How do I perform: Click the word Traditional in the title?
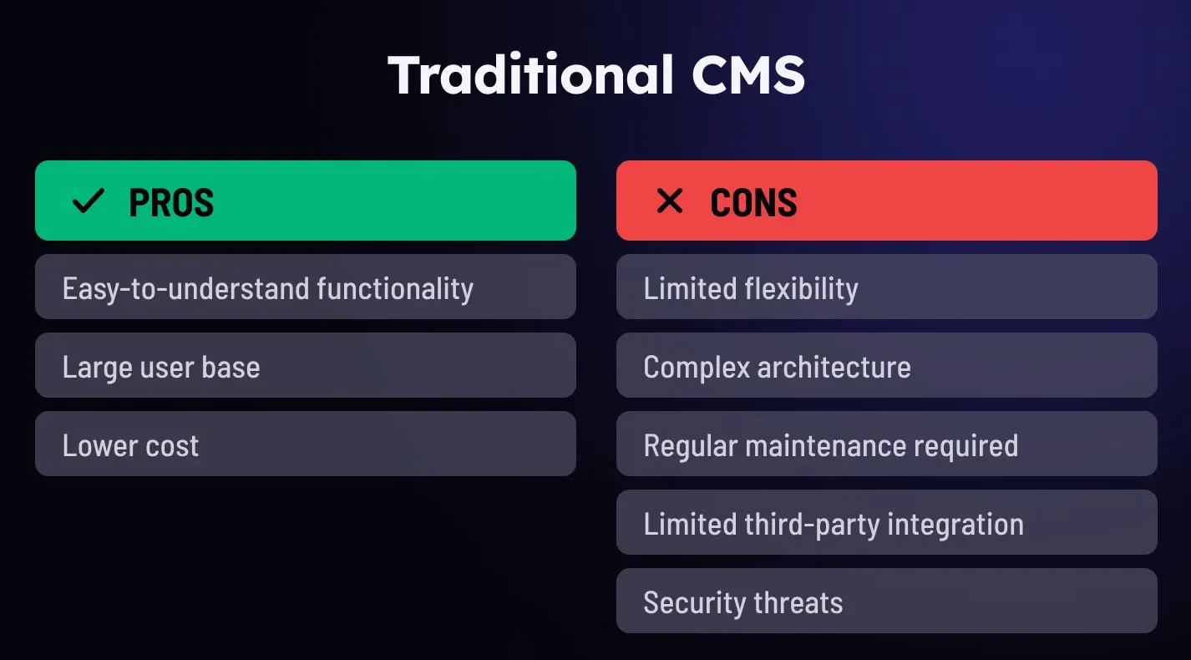point(531,75)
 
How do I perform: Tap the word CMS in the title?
point(748,75)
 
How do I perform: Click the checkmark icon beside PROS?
point(88,201)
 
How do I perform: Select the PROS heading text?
point(171,203)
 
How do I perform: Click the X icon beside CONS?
point(669,201)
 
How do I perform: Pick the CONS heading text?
point(753,203)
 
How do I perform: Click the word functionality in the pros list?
point(395,288)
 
